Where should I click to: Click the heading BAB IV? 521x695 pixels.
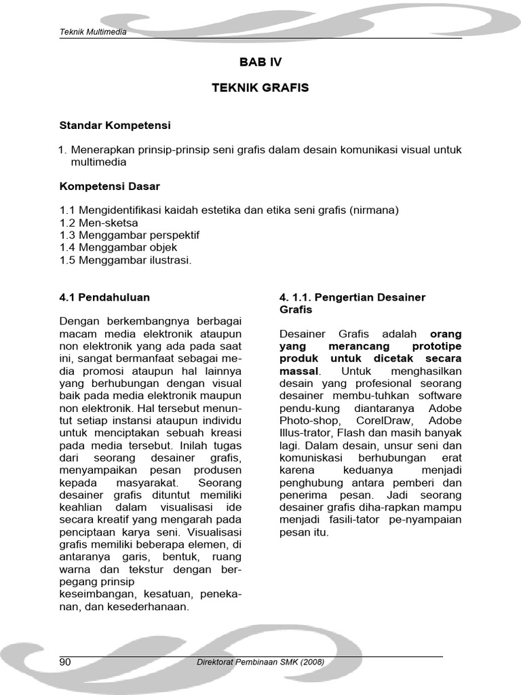(x=260, y=62)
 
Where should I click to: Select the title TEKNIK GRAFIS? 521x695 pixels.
(x=260, y=88)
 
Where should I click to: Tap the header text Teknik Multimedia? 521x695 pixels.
(x=92, y=32)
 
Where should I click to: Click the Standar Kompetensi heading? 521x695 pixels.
(x=115, y=126)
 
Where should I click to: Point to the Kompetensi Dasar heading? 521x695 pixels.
(x=110, y=186)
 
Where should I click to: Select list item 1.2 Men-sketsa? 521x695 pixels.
(x=99, y=223)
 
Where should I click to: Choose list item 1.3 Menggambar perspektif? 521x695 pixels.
(x=130, y=235)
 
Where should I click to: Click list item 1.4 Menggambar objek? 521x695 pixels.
(x=119, y=248)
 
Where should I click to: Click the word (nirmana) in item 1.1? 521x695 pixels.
(x=374, y=210)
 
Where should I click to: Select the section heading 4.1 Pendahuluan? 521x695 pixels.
(x=104, y=297)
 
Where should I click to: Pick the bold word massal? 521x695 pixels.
(x=298, y=371)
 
